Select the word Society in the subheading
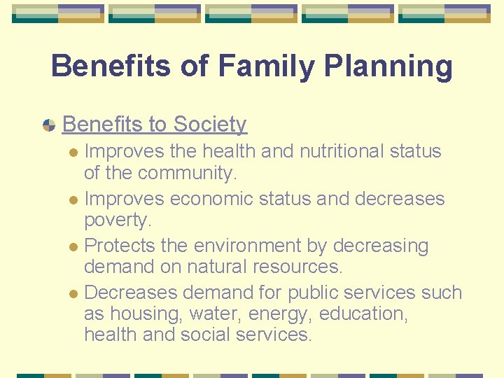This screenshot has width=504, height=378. [x=210, y=125]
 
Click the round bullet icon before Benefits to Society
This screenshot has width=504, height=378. [x=49, y=125]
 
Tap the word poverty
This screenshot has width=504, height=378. [x=118, y=220]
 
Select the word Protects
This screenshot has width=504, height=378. [x=121, y=246]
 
